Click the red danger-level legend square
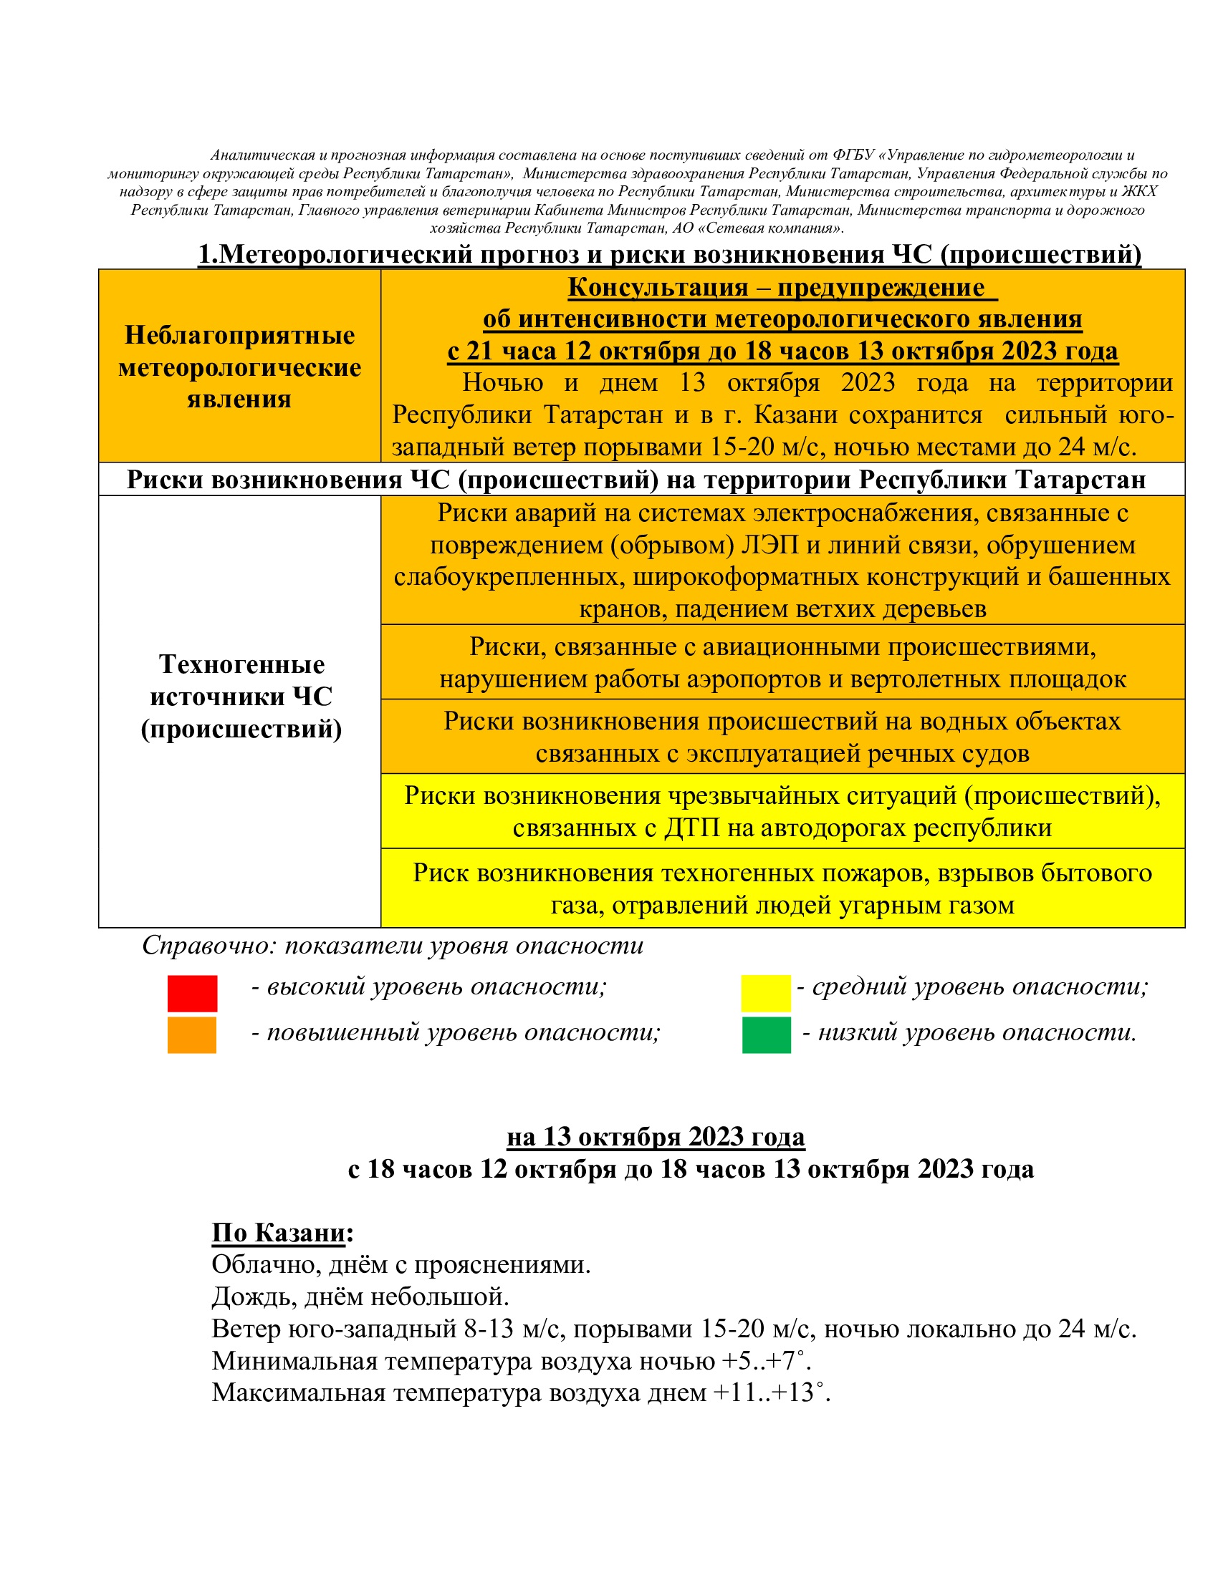(x=192, y=993)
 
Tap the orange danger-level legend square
(x=192, y=1035)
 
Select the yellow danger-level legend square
(x=766, y=993)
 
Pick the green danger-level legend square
(x=767, y=1035)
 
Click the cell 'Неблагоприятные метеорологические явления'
(x=239, y=367)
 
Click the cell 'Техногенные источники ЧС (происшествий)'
(x=241, y=697)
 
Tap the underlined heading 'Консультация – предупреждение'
(x=776, y=287)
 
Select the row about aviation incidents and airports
(x=782, y=662)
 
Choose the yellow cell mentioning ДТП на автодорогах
(x=782, y=810)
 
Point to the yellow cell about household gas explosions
(x=782, y=888)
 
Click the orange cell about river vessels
(x=782, y=736)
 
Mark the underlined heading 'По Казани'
(x=279, y=1233)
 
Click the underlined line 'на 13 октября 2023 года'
(x=655, y=1137)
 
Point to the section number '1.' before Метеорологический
(x=208, y=255)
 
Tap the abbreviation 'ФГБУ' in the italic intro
(x=853, y=155)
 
